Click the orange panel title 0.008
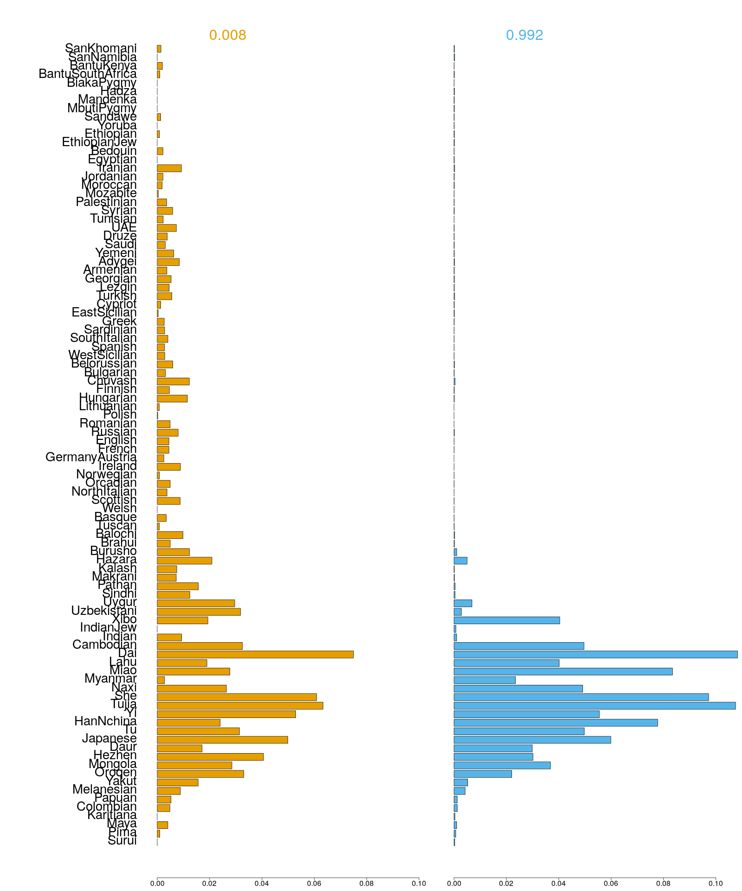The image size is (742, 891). pyautogui.click(x=227, y=35)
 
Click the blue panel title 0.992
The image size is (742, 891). pyautogui.click(x=524, y=35)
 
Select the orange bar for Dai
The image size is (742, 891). pyautogui.click(x=255, y=654)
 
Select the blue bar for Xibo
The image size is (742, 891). pyautogui.click(x=506, y=620)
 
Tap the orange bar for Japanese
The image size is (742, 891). pyautogui.click(x=222, y=740)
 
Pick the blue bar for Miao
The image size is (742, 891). pyautogui.click(x=563, y=671)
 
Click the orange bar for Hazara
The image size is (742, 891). pyautogui.click(x=184, y=561)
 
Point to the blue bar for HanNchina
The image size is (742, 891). pyautogui.click(x=556, y=723)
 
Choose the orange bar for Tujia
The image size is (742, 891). pyautogui.click(x=240, y=706)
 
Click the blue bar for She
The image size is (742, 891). pyautogui.click(x=581, y=697)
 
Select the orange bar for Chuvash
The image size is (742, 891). pyautogui.click(x=173, y=381)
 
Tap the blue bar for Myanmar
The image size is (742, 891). pyautogui.click(x=484, y=680)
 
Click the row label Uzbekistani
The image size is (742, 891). pyautogui.click(x=104, y=611)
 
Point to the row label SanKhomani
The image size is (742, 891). pyautogui.click(x=101, y=48)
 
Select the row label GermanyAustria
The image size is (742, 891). pyautogui.click(x=91, y=458)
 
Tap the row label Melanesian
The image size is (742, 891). pyautogui.click(x=104, y=789)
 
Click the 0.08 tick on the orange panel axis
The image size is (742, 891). pyautogui.click(x=366, y=884)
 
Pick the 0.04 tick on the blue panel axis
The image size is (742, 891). pyautogui.click(x=558, y=884)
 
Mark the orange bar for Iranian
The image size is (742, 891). pyautogui.click(x=169, y=168)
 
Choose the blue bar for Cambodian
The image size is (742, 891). pyautogui.click(x=518, y=646)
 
